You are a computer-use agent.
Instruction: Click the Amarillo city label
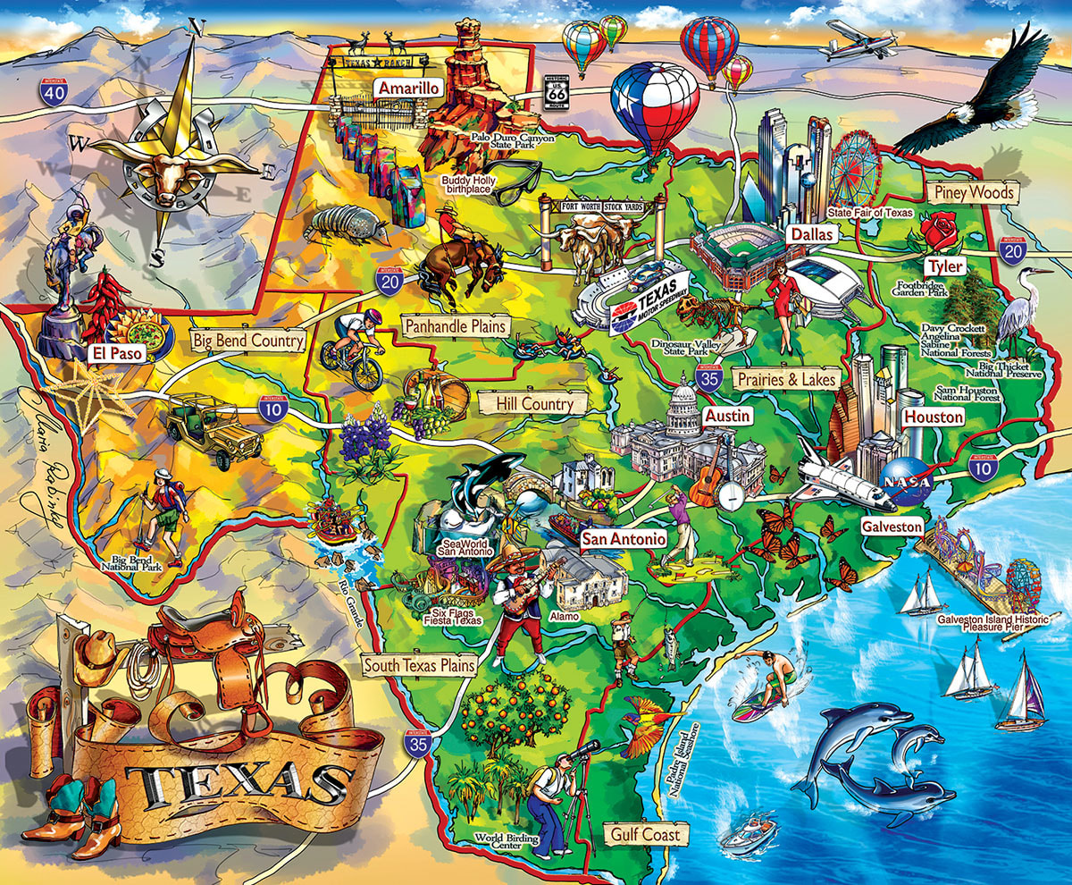pyautogui.click(x=408, y=88)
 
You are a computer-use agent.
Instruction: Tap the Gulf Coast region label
pyautogui.click(x=646, y=835)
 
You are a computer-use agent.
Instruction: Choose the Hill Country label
pyautogui.click(x=534, y=404)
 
